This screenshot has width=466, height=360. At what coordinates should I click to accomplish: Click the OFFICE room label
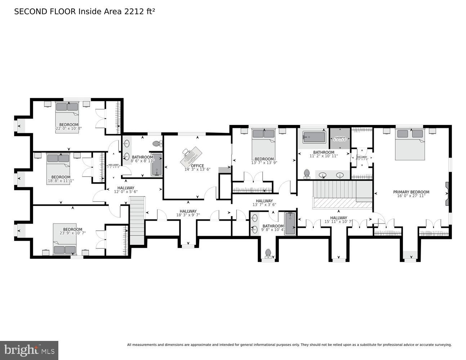click(x=197, y=166)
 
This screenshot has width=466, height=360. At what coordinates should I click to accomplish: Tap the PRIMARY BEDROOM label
click(x=411, y=192)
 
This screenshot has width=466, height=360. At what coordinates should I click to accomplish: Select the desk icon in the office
click(x=190, y=156)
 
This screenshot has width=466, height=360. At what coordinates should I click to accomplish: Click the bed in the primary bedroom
click(x=410, y=144)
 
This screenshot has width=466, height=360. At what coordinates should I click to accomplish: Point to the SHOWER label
click(x=340, y=138)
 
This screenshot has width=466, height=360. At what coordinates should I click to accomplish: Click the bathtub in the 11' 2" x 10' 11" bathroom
click(x=314, y=137)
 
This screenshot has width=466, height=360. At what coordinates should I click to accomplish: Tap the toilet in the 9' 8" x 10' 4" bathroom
click(x=268, y=254)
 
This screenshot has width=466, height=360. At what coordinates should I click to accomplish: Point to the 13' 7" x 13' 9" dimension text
click(x=264, y=163)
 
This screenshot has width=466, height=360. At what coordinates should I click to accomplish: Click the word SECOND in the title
click(x=30, y=12)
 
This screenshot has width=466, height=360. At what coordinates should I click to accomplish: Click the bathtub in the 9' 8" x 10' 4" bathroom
click(x=290, y=224)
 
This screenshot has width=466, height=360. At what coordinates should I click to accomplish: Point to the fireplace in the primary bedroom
click(x=447, y=194)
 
